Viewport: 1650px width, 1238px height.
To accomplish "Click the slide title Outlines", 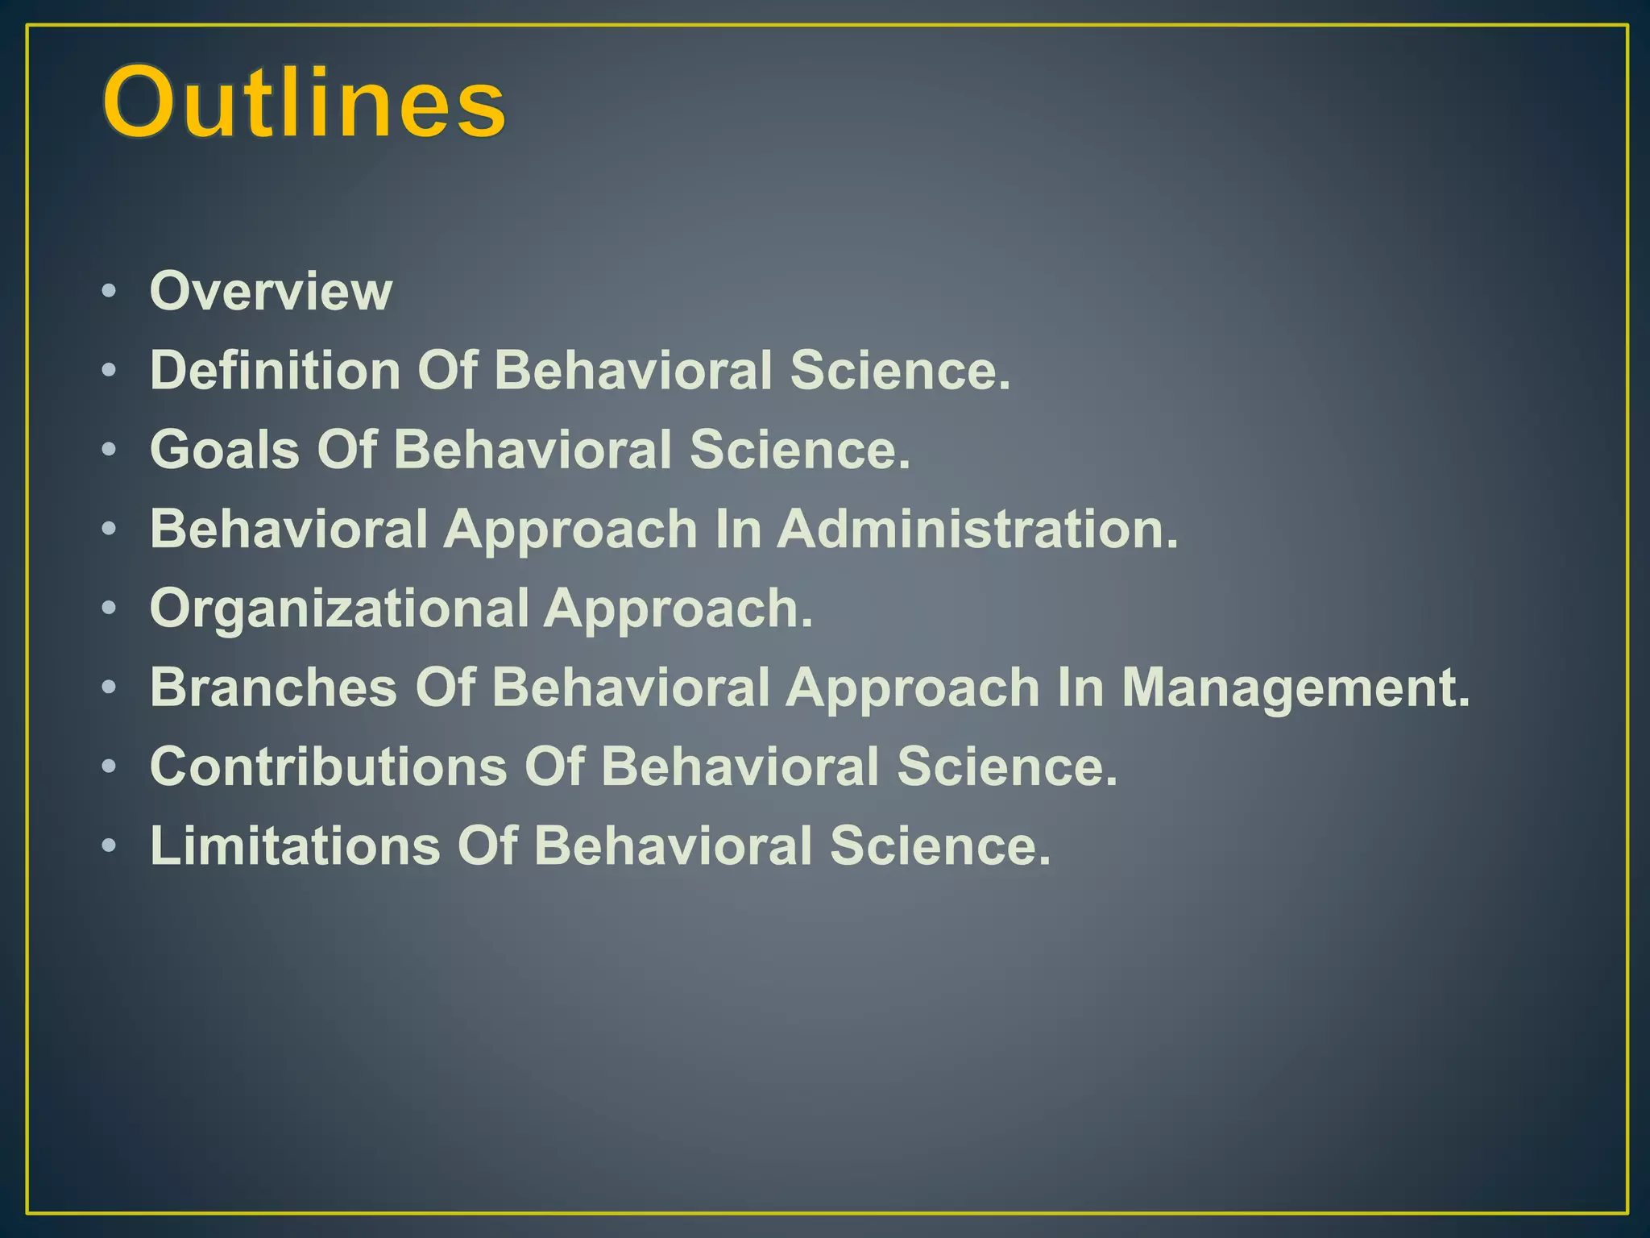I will [x=305, y=103].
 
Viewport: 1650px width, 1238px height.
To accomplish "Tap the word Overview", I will [x=271, y=291].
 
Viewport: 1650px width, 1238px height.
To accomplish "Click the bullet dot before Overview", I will [x=109, y=291].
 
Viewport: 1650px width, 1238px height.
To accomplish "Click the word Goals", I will [x=225, y=449].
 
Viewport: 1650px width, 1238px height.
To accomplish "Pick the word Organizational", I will [x=339, y=608].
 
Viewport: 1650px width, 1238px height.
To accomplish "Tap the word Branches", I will [x=274, y=688].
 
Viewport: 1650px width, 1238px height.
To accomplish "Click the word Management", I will [x=1296, y=688].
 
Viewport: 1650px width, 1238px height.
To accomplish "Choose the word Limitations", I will [x=296, y=845].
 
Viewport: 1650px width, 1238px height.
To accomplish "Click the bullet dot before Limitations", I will [x=109, y=846].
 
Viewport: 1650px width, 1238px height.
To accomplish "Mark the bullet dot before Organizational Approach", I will [x=109, y=609].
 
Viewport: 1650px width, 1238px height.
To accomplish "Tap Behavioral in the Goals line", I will [x=532, y=449].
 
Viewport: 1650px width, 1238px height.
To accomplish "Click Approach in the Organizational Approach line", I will [x=678, y=608].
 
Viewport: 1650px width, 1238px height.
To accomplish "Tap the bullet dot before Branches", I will [x=109, y=688].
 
